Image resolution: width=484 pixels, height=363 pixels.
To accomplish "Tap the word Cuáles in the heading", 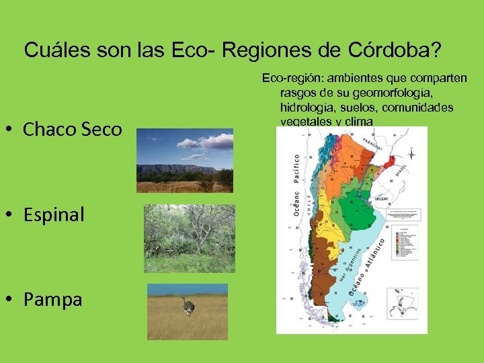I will click(x=52, y=50).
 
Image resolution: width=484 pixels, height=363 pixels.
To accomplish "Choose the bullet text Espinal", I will click(x=54, y=215).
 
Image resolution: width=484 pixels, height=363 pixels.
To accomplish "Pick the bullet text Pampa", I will click(x=52, y=300).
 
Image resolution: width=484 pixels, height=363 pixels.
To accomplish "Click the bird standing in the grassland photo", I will click(x=188, y=307).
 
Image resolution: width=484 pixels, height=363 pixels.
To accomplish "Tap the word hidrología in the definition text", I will click(x=302, y=108).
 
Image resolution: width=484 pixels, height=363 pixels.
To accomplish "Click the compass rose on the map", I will click(x=411, y=154).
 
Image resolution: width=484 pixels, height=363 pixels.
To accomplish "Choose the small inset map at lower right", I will click(x=402, y=307).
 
